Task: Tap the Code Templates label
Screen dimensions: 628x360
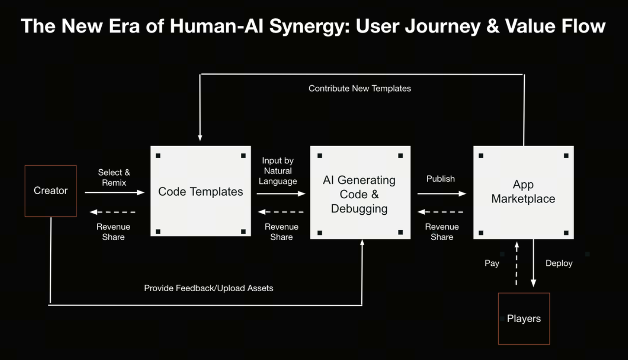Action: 200,192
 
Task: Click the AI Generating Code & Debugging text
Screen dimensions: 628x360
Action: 359,194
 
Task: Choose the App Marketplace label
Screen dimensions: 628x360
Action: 523,192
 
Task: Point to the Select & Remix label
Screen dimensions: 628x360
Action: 114,177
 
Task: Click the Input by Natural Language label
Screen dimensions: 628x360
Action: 278,171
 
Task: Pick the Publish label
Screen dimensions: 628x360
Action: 441,179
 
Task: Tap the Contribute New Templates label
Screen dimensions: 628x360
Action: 360,88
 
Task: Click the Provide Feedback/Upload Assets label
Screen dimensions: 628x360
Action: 209,288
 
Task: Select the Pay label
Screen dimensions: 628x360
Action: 492,264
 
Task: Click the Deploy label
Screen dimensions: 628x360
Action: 559,264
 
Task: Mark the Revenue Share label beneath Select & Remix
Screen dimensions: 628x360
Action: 113,232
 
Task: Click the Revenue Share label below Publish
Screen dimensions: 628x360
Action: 442,232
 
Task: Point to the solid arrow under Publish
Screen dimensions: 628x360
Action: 441,194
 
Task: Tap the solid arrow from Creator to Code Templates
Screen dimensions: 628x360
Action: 115,192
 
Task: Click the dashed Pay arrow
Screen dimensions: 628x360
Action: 517,264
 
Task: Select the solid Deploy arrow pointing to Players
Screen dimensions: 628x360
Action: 533,263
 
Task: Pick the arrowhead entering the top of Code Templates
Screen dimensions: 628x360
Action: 200,138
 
